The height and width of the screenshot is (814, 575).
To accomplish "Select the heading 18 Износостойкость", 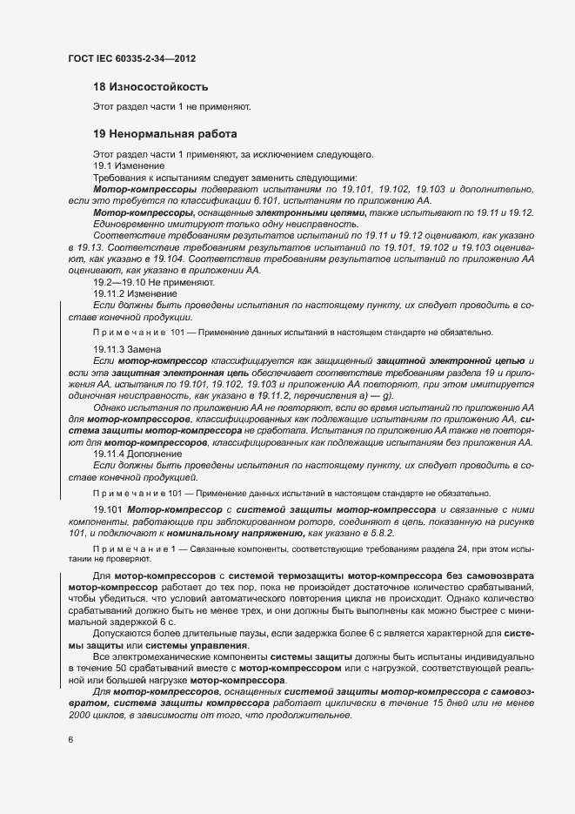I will point(150,87).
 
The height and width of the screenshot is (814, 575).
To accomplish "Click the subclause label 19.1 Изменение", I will point(125,165).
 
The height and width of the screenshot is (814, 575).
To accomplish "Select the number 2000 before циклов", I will point(82,715).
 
